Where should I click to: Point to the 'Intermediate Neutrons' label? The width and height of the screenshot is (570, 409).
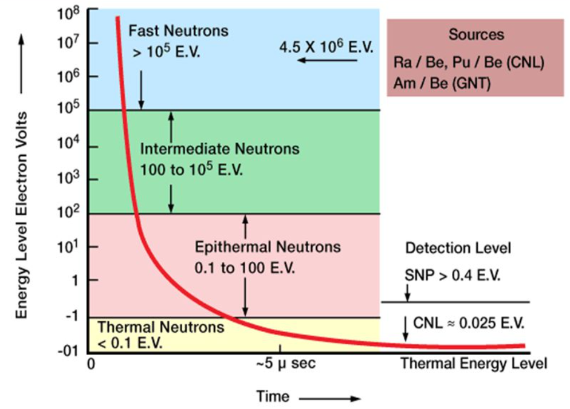point(220,149)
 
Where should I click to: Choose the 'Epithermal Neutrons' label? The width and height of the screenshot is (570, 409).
point(268,247)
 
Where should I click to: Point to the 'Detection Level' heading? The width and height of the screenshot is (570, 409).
point(458,249)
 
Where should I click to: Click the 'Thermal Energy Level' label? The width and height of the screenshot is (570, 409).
point(473,363)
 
